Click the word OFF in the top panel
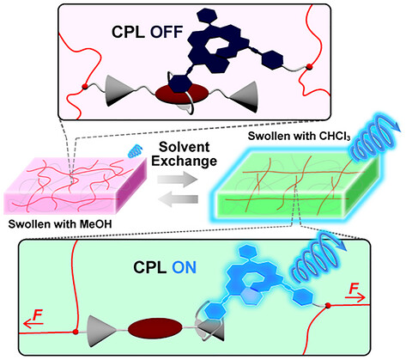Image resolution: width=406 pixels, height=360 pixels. [x=167, y=32]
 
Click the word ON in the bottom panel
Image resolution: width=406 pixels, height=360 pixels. [x=185, y=268]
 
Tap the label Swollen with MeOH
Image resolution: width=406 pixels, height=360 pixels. [x=60, y=224]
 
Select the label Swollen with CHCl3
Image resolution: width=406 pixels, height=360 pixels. [x=299, y=136]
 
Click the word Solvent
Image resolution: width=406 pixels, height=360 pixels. [x=185, y=147]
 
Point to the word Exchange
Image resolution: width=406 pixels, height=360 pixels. [x=184, y=161]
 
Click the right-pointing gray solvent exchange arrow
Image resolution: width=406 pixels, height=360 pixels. [x=178, y=180]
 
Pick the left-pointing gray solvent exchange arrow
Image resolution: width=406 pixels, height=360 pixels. [x=178, y=198]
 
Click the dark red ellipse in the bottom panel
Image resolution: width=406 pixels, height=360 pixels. [x=155, y=328]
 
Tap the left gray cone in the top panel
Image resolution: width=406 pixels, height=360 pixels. [x=118, y=90]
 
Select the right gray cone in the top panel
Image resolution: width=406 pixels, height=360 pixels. [x=245, y=97]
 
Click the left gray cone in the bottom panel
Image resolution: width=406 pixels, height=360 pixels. [x=100, y=332]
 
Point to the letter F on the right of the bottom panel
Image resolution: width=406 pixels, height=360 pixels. [x=354, y=289]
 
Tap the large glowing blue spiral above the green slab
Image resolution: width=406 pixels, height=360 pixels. [x=373, y=140]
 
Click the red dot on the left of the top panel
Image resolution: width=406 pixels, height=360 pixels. [x=84, y=86]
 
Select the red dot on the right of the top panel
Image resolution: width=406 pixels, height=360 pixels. [x=309, y=67]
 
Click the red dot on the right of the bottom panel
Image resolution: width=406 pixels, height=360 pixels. [x=328, y=306]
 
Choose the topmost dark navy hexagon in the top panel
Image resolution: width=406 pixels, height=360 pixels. [x=206, y=15]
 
